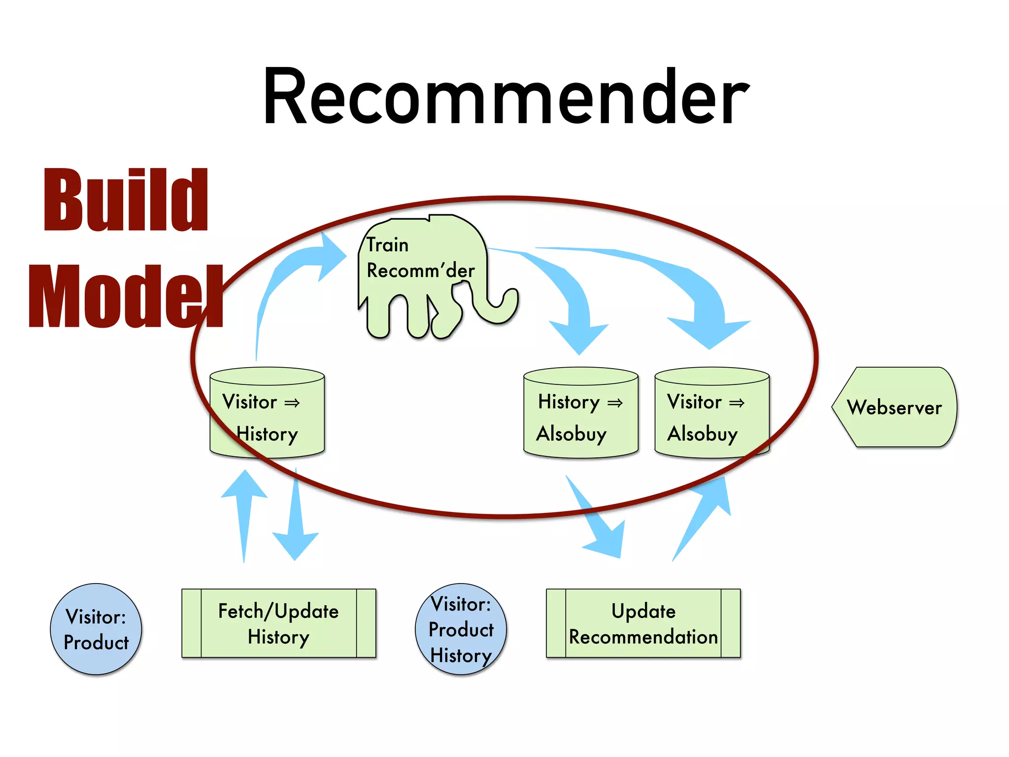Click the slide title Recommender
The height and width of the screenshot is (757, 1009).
pyautogui.click(x=505, y=97)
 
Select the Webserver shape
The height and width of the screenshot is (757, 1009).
pyautogui.click(x=894, y=407)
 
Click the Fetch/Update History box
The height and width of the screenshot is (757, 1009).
pyautogui.click(x=278, y=623)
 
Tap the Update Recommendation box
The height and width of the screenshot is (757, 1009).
pyautogui.click(x=643, y=623)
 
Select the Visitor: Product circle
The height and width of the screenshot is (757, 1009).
pyautogui.click(x=96, y=629)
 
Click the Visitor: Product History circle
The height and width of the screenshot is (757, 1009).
pyautogui.click(x=461, y=629)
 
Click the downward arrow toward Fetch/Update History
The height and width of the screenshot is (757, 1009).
pyautogui.click(x=296, y=522)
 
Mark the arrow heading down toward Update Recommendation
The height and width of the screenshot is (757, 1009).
pyautogui.click(x=599, y=522)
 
